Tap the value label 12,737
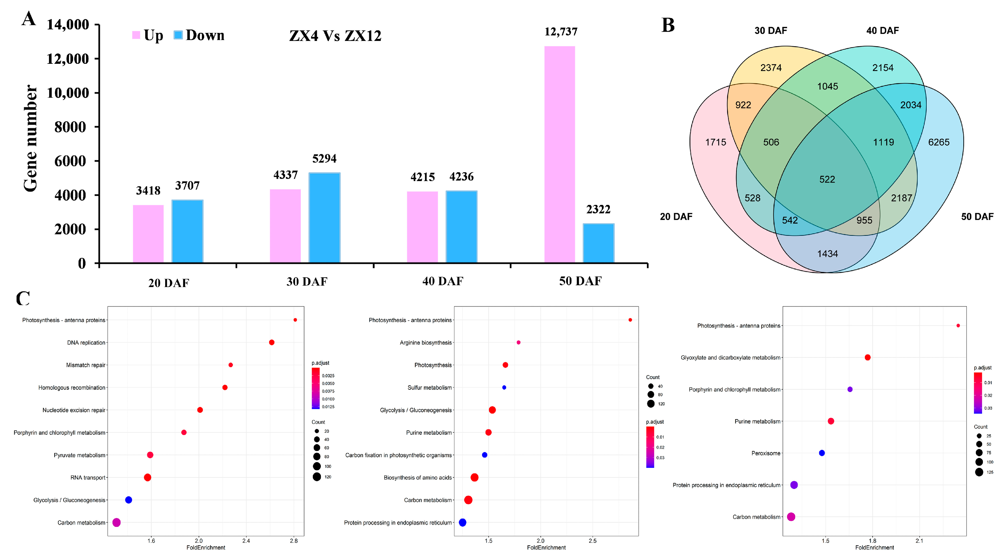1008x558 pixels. [x=561, y=32]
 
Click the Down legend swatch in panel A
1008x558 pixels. [x=178, y=35]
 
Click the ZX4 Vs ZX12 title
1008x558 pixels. [x=335, y=36]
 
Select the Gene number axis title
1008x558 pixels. [x=31, y=139]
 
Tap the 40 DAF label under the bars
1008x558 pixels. [x=443, y=281]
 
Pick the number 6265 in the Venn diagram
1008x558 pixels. [x=938, y=142]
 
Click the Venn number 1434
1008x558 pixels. [x=827, y=254]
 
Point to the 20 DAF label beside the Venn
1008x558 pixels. [x=676, y=216]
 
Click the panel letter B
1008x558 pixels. [x=668, y=25]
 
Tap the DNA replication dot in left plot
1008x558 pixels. [x=272, y=342]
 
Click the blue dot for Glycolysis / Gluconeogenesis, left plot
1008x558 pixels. [x=128, y=500]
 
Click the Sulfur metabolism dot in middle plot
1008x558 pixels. [x=504, y=387]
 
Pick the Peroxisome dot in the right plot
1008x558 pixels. [x=822, y=453]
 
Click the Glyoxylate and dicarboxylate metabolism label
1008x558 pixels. [x=730, y=358]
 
